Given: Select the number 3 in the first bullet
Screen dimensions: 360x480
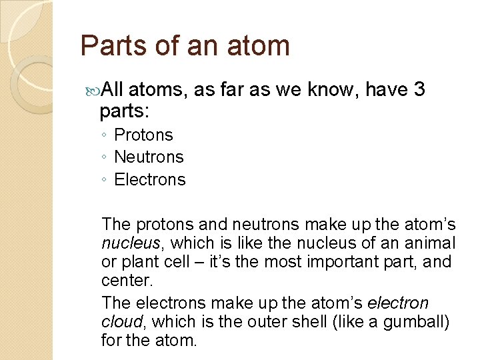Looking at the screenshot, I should click(419, 89).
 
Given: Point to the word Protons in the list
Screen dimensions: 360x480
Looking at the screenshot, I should click(143, 135).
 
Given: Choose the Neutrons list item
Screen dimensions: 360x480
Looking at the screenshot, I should click(149, 157).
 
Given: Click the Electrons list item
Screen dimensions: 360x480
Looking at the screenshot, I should click(150, 179).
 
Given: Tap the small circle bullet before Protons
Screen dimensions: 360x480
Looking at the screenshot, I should click(105, 135).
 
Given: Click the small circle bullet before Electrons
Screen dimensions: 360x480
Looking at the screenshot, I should click(105, 180).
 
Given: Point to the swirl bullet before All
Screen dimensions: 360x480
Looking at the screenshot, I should click(92, 89).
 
